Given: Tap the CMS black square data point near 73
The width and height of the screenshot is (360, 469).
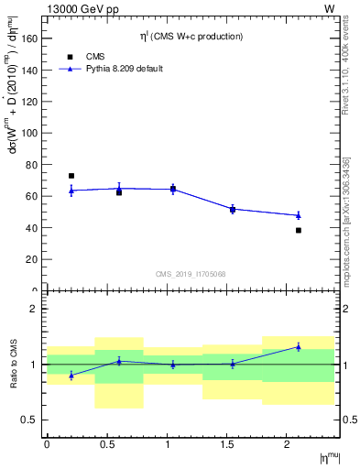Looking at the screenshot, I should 71,176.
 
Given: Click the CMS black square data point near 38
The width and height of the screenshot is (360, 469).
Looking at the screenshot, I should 299,231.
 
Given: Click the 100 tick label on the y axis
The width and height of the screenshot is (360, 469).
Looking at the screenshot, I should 28,133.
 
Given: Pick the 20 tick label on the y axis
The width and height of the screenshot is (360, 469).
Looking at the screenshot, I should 31,259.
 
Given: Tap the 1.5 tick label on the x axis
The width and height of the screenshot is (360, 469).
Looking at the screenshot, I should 227,444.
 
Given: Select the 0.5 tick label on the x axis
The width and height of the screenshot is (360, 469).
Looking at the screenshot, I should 107,444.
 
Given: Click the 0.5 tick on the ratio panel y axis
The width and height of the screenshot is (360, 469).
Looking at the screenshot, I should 30,420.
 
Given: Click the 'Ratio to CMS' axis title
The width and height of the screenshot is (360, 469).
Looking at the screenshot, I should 14,365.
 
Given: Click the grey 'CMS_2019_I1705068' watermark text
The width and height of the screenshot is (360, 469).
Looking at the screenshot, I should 191,274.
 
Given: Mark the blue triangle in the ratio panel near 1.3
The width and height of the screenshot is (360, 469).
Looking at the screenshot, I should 299,346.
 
